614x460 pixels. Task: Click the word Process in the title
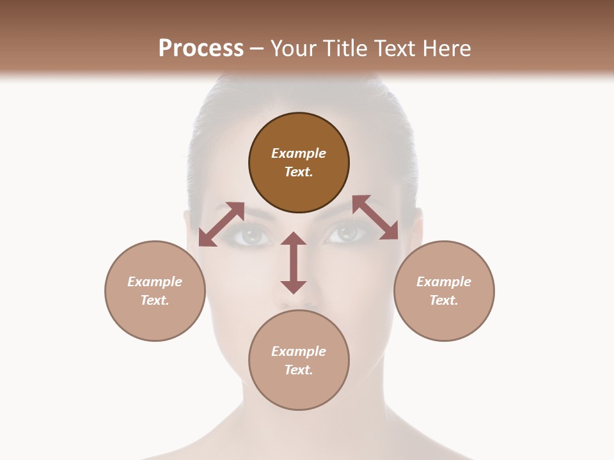click(x=201, y=49)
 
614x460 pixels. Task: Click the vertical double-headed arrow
click(x=294, y=263)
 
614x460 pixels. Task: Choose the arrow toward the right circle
click(x=375, y=217)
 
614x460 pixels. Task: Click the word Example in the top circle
click(x=299, y=153)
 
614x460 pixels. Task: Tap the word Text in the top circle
click(x=299, y=172)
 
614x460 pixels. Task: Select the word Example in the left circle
click(x=155, y=282)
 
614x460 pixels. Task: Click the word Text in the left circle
click(x=155, y=300)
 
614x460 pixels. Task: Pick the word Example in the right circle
click(x=444, y=282)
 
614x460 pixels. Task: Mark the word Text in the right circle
click(x=444, y=300)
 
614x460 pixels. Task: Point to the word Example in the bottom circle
click(x=299, y=351)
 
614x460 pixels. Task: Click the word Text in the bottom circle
click(x=299, y=370)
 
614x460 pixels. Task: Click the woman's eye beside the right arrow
click(x=346, y=234)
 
